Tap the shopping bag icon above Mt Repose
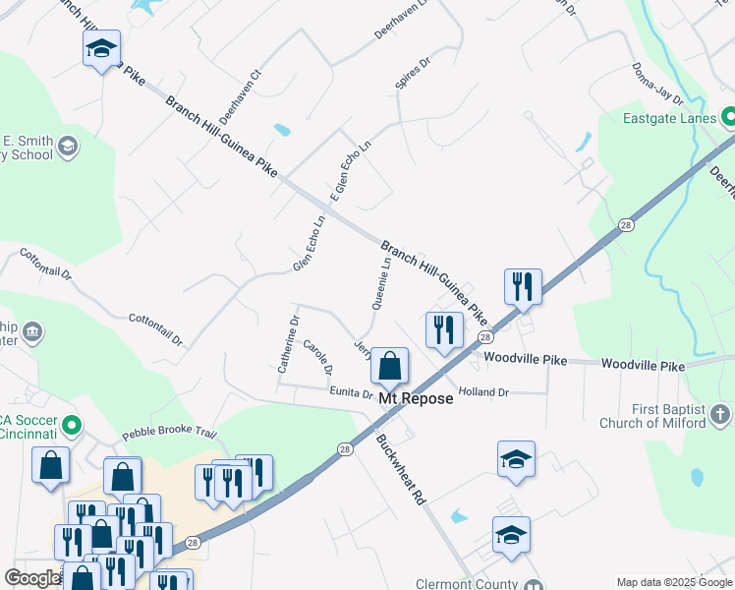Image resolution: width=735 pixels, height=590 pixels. (x=390, y=366)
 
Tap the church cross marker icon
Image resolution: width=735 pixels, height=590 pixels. (x=720, y=414)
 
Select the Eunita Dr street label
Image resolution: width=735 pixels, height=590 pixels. (x=353, y=393)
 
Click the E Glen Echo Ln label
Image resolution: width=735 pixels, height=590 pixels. (x=351, y=172)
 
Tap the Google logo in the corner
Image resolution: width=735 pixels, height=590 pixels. (x=32, y=578)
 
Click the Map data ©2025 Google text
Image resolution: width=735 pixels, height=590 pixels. (x=674, y=582)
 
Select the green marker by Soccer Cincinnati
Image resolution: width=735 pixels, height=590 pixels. (x=70, y=426)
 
